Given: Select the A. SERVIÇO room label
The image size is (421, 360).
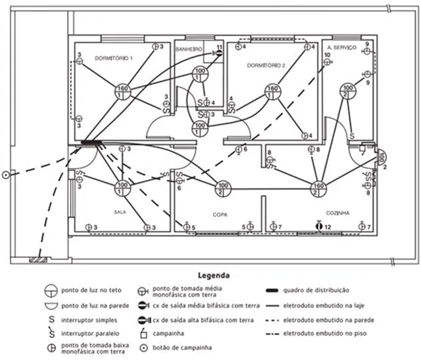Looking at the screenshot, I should tap(342, 47).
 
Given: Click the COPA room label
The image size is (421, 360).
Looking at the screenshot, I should tap(219, 212).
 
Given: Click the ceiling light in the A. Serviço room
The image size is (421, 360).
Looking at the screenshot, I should tap(345, 91).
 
